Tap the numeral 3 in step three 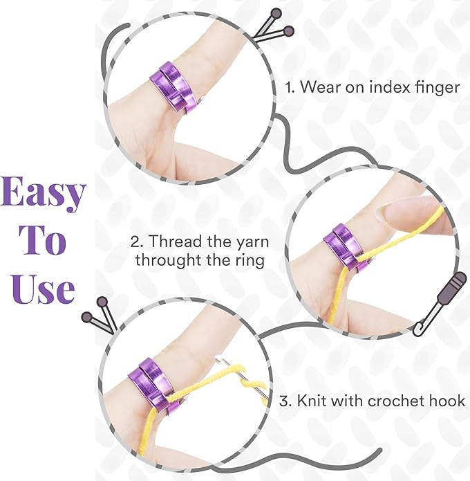[285, 400]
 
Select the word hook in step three [446, 400]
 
